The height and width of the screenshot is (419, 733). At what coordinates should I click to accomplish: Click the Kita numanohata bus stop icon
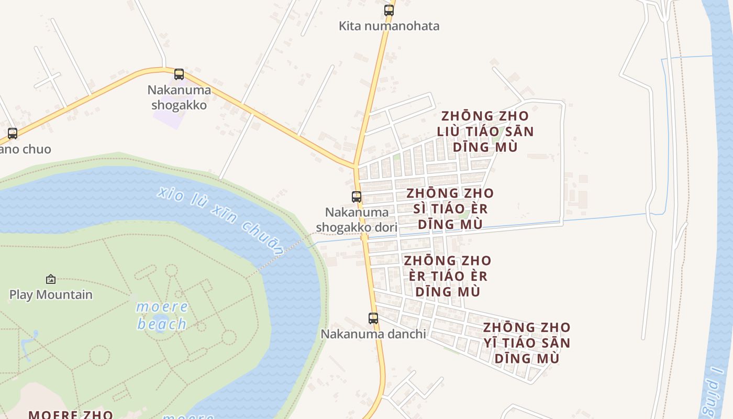(x=388, y=10)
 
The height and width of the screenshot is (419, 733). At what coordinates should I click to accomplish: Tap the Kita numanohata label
(x=389, y=26)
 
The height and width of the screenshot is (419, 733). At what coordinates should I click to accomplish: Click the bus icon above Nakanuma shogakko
(x=179, y=74)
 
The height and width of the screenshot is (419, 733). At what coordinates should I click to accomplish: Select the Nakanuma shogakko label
(x=179, y=97)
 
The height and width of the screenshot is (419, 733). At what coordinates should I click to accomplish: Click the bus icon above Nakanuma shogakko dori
(x=357, y=197)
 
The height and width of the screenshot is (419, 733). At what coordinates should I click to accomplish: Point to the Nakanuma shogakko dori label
(x=357, y=220)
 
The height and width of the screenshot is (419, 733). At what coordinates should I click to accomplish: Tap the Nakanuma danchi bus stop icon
(x=373, y=318)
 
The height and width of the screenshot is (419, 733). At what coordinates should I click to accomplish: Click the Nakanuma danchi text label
(x=373, y=334)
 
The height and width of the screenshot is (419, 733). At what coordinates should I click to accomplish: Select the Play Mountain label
(x=51, y=294)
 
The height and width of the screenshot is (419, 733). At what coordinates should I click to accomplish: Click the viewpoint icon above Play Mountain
(x=51, y=279)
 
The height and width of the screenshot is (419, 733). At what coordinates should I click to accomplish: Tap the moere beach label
(x=162, y=316)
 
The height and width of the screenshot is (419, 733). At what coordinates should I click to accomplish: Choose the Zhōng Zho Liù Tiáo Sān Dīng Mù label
(x=485, y=131)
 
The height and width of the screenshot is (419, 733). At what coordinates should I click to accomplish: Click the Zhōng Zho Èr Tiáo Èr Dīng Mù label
(x=448, y=275)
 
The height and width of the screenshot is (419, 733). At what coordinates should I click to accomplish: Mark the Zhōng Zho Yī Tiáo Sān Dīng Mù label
(x=527, y=343)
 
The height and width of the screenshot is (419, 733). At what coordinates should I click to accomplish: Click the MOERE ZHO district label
(x=71, y=414)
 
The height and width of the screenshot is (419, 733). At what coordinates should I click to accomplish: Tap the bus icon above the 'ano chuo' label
(x=13, y=134)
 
